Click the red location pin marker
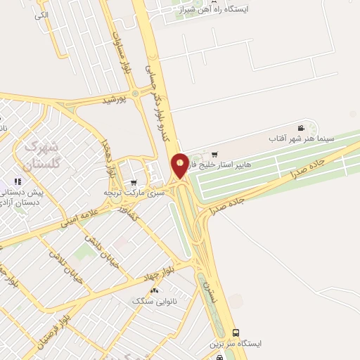pyautogui.click(x=180, y=165)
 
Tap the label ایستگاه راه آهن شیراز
pyautogui.click(x=222, y=10)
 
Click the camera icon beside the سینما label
pyautogui.click(x=301, y=128)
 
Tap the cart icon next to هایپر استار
pyautogui.click(x=214, y=155)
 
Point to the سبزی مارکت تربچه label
pyautogui.click(x=134, y=192)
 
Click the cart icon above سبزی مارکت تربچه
pyautogui.click(x=134, y=182)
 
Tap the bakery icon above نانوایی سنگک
pyautogui.click(x=154, y=290)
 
